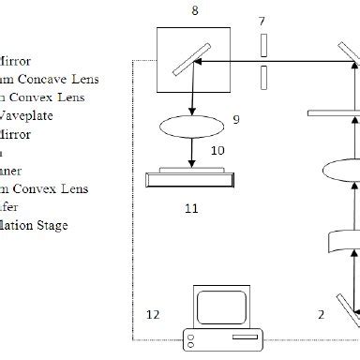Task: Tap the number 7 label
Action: coord(262,20)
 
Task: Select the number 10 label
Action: coord(217,149)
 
